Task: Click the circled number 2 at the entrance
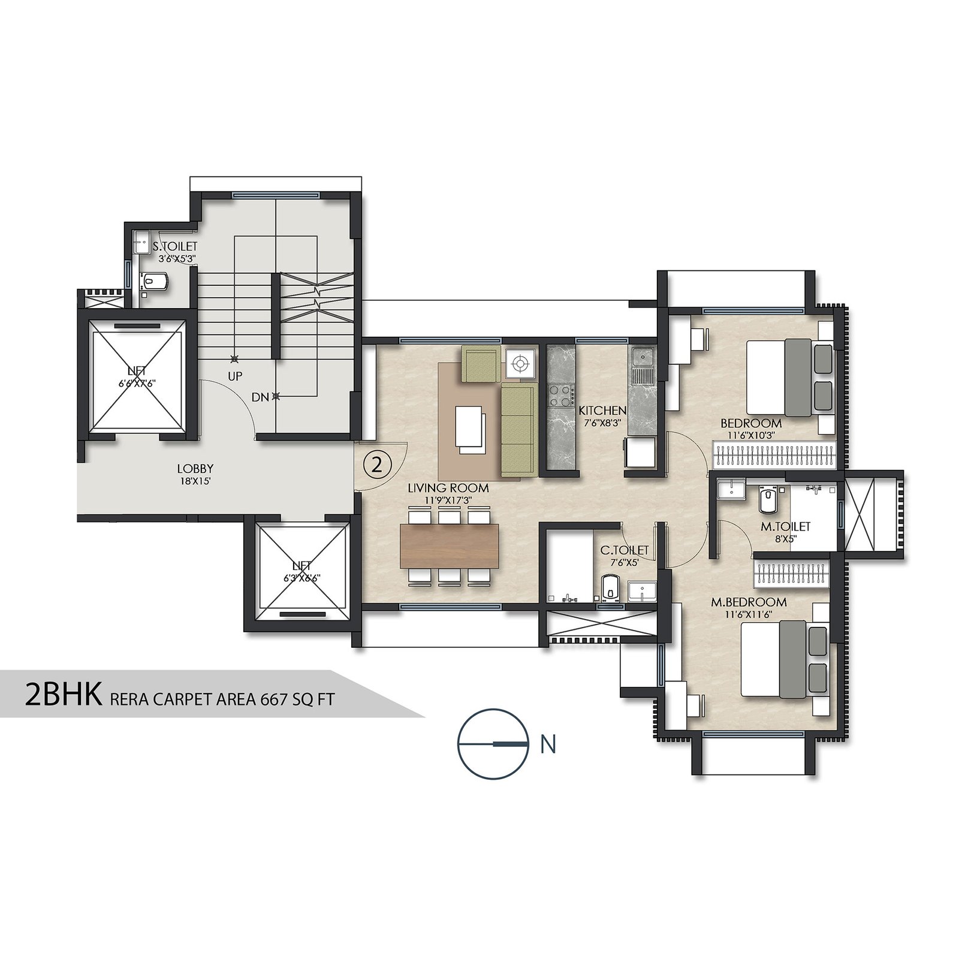point(377,465)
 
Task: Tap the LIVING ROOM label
point(448,488)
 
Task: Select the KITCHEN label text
point(602,411)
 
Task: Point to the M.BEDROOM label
point(749,602)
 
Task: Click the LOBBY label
point(195,469)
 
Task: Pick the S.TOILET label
point(174,246)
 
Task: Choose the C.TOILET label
point(625,550)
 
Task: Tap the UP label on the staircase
point(235,376)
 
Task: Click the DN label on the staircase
point(260,397)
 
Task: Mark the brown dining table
point(450,546)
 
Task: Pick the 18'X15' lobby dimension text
point(195,481)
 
